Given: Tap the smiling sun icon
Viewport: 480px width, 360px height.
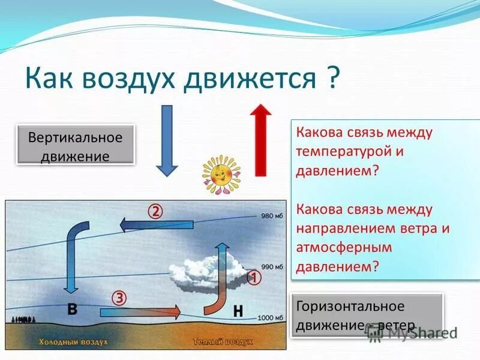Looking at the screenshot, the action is pyautogui.click(x=220, y=174).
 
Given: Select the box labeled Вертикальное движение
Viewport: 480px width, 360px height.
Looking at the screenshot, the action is pyautogui.click(x=76, y=145).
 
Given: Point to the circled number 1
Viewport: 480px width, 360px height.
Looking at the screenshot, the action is pyautogui.click(x=254, y=278).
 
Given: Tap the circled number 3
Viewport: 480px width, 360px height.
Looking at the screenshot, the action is pyautogui.click(x=119, y=298).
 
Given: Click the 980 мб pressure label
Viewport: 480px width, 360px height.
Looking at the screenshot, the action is pyautogui.click(x=272, y=217).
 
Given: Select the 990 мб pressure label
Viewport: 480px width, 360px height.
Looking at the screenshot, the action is pyautogui.click(x=272, y=265).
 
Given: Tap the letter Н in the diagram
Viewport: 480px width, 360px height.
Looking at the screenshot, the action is pyautogui.click(x=238, y=311).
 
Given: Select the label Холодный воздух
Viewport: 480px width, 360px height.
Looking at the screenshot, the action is pyautogui.click(x=73, y=341).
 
